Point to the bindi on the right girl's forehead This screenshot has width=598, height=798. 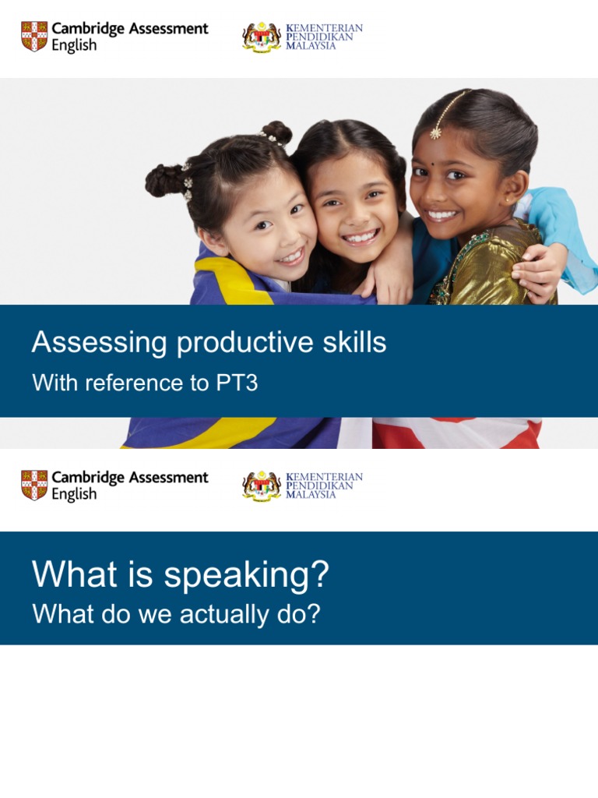[x=441, y=171]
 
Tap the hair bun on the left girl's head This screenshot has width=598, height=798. [x=164, y=179]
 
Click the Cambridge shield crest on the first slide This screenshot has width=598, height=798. [x=33, y=37]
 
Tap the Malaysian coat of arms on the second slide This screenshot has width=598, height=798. [x=262, y=486]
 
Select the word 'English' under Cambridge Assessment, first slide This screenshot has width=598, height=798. [x=74, y=45]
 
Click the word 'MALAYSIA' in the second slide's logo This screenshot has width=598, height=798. [x=311, y=495]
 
